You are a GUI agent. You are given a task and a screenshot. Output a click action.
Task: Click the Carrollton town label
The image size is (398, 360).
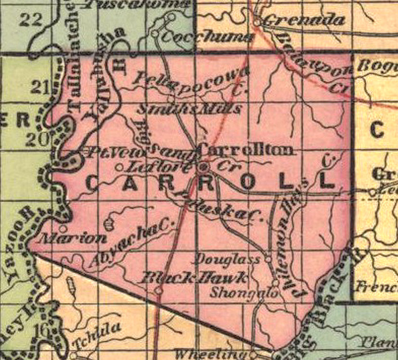[x=247, y=150]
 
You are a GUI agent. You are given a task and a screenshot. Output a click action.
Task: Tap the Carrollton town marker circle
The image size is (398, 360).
[x=203, y=167]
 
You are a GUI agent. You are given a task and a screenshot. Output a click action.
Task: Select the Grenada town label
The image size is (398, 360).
[x=304, y=20]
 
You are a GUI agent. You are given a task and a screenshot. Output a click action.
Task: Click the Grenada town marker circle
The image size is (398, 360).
[x=257, y=21]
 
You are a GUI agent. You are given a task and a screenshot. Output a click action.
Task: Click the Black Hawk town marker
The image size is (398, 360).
[x=159, y=291]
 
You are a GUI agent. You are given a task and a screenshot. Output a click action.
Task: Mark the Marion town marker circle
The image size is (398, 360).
[x=62, y=229]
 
